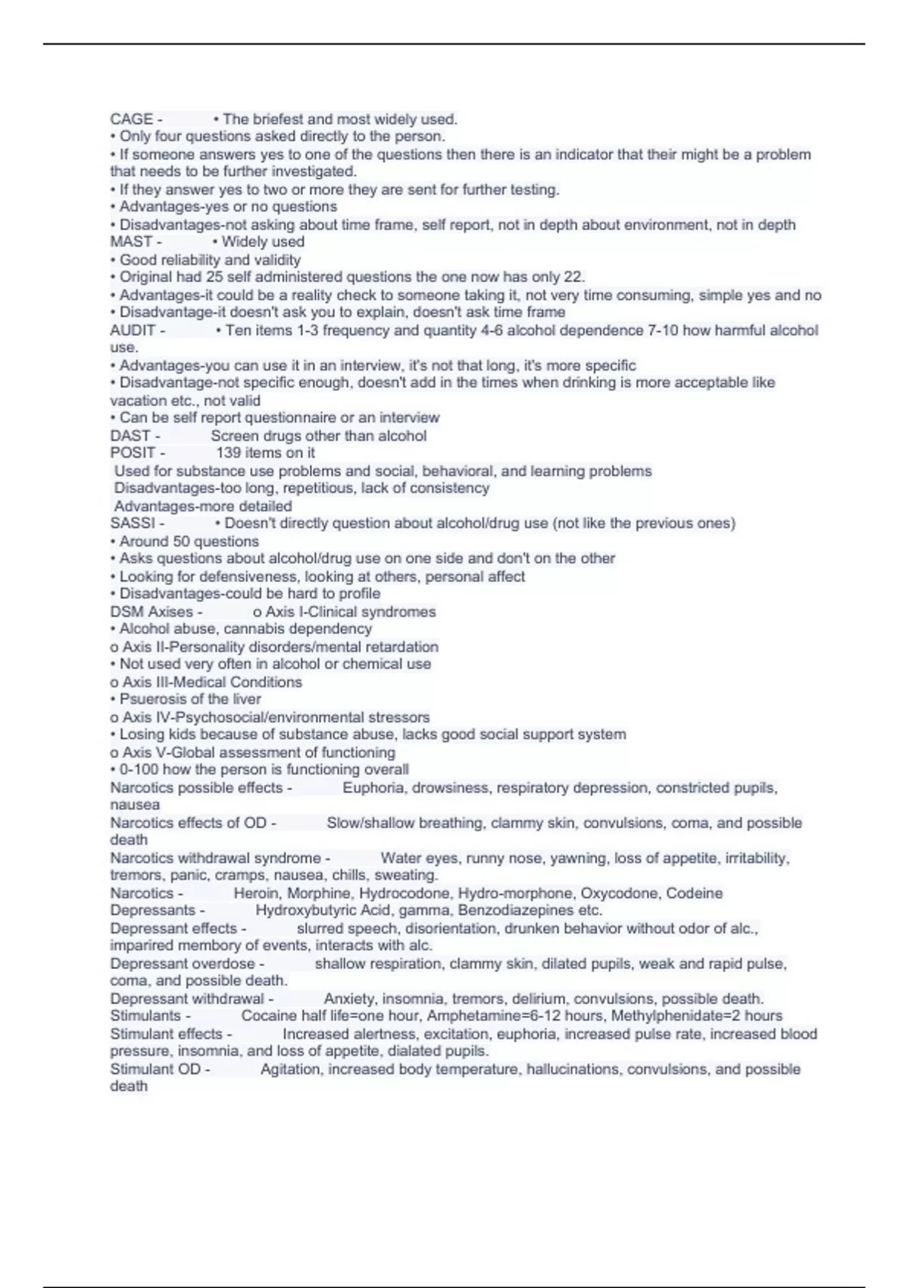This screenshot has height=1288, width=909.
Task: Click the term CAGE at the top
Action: tap(131, 120)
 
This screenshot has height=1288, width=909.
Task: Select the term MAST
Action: tap(131, 242)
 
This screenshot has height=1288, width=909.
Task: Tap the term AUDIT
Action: tap(133, 330)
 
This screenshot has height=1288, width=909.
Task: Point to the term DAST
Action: tap(130, 436)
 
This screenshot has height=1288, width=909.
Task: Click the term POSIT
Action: tap(133, 453)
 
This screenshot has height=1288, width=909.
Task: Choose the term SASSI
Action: tap(133, 524)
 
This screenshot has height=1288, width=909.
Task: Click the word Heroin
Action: tap(256, 894)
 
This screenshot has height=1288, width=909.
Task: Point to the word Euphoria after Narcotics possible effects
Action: tap(373, 788)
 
